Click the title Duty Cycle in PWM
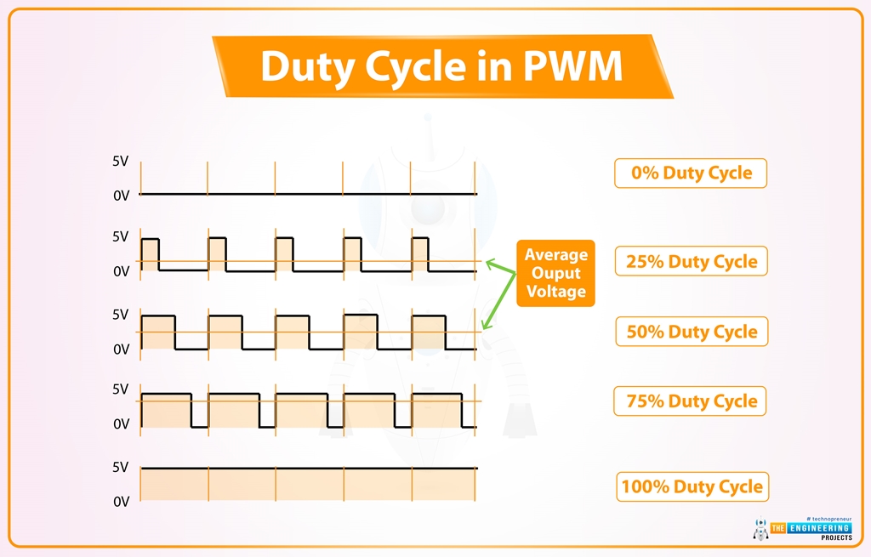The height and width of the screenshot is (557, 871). tap(441, 66)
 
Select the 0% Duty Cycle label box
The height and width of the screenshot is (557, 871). tap(691, 173)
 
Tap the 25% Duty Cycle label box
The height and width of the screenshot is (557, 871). tap(691, 261)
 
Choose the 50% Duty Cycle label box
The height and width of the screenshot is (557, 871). tap(691, 332)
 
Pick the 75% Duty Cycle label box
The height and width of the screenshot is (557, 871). tap(691, 401)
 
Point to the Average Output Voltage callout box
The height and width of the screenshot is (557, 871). tap(555, 273)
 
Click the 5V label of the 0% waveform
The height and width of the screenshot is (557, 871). tap(121, 161)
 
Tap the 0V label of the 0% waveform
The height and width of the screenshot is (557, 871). tap(121, 196)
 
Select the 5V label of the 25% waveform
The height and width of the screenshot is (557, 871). tap(121, 236)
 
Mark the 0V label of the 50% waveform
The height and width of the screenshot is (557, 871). tap(121, 349)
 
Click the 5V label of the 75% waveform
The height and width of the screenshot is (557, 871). tap(121, 389)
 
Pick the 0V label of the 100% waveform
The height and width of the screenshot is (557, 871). tap(121, 502)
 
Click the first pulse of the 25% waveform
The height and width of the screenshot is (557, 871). tap(150, 254)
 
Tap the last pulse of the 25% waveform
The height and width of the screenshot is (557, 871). tap(419, 254)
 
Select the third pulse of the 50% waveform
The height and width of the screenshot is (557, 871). tap(292, 332)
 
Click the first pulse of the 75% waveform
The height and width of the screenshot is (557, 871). tap(166, 410)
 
